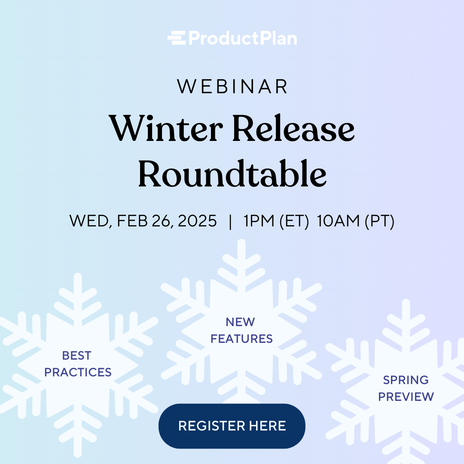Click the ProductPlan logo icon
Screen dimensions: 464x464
point(176,38)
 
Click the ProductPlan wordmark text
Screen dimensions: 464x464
point(242,39)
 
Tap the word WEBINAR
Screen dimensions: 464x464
point(232,86)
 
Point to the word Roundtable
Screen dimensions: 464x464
point(232,174)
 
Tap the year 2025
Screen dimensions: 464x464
point(197,221)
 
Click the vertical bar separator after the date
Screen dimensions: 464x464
point(231,221)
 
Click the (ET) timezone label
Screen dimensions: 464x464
point(294,221)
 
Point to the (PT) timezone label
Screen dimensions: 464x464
point(379,221)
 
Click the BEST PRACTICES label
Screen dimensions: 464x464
point(78,364)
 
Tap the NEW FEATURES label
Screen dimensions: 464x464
point(241,330)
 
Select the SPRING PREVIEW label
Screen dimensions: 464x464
point(406,388)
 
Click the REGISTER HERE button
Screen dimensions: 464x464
point(232,426)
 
